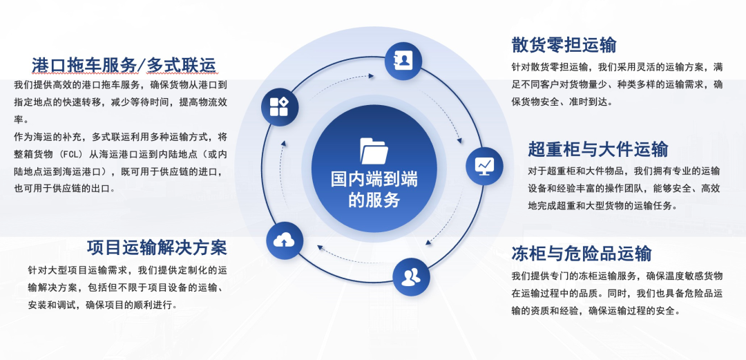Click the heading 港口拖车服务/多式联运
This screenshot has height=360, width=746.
click(124, 65)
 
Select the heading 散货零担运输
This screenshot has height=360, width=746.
click(564, 45)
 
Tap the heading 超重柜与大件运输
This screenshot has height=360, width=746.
click(598, 149)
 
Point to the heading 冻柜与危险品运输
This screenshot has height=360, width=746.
click(581, 252)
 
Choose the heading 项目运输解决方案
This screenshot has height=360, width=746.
click(157, 247)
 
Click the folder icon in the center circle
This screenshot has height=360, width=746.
click(374, 150)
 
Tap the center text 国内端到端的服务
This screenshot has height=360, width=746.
click(374, 189)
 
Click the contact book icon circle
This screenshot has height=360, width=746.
click(403, 60)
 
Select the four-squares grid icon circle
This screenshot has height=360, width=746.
click(280, 107)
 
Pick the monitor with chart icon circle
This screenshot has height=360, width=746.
click(484, 165)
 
